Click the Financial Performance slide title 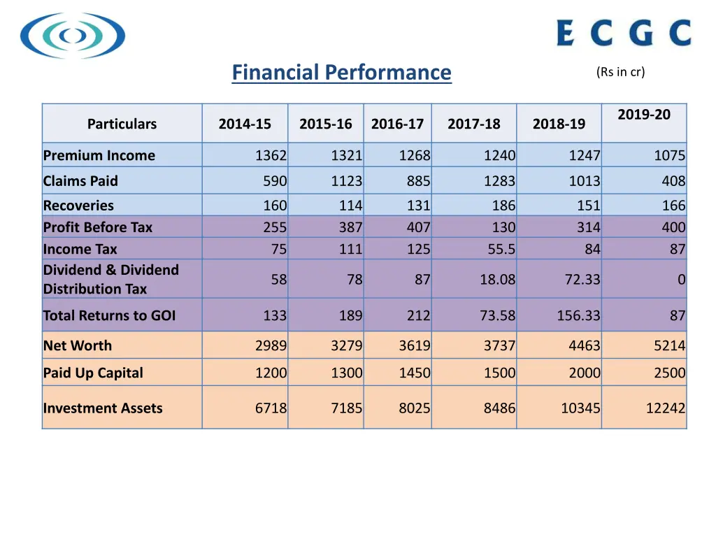coord(341,73)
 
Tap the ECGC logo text coord(624,33)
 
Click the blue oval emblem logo coord(73,35)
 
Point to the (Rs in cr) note coord(621,72)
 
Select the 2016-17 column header coord(397,124)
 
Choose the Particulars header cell coord(122,124)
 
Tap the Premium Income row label coord(99,155)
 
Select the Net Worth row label coord(78,345)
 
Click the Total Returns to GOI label coord(109,315)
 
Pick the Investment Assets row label coord(103,408)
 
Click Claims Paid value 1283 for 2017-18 coord(499,181)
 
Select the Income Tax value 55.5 coord(501,249)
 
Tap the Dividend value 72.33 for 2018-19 coord(582,280)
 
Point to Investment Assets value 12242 coord(665,408)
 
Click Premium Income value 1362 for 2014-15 coord(271,155)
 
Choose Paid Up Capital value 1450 coord(415,373)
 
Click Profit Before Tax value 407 coord(418,227)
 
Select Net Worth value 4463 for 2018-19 coord(584,345)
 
